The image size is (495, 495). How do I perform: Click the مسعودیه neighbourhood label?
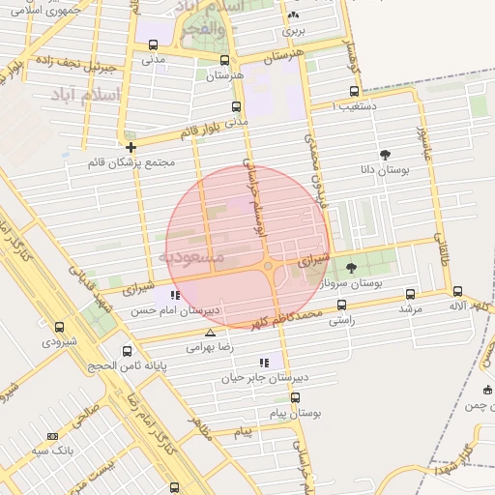pos(191,257)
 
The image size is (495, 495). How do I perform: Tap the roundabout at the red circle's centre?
pos(268,266)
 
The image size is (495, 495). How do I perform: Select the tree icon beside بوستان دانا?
pos(385,155)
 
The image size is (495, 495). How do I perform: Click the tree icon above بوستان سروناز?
pos(350,268)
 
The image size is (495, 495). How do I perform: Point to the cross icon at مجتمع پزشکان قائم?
pos(131,146)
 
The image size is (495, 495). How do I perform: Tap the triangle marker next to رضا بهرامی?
pos(210,333)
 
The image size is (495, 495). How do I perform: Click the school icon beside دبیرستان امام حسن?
pos(174,296)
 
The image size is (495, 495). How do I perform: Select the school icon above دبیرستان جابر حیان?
pos(264,363)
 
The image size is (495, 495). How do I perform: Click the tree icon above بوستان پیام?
pos(295,397)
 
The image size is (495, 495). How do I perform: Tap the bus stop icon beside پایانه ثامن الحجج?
pos(127,352)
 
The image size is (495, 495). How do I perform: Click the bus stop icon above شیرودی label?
pos(60,328)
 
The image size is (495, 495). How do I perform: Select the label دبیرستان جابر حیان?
pos(264,378)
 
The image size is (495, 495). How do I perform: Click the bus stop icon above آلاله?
pos(457,291)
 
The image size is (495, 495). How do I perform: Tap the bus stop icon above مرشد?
pos(410,294)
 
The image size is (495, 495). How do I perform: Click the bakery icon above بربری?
pos(293,16)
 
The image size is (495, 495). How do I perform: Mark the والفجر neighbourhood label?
pos(203,30)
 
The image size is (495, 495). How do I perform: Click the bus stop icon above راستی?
pos(341,305)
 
